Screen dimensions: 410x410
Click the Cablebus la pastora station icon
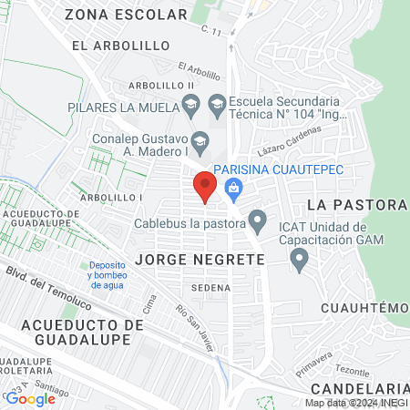258,220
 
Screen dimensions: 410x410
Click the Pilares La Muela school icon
190,107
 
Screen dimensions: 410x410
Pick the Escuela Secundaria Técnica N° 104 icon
217,107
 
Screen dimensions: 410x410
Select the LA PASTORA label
355,202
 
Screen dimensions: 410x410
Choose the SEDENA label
211,287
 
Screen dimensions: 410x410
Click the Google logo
29,398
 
